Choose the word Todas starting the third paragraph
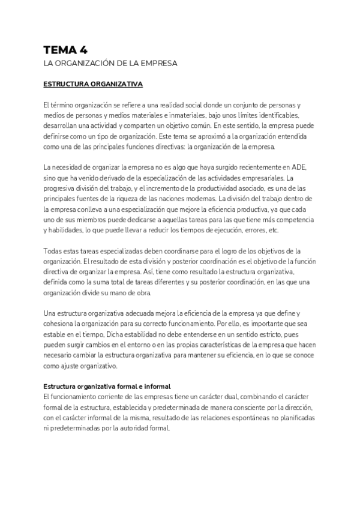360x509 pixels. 54,251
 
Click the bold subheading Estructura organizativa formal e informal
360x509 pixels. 107,387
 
